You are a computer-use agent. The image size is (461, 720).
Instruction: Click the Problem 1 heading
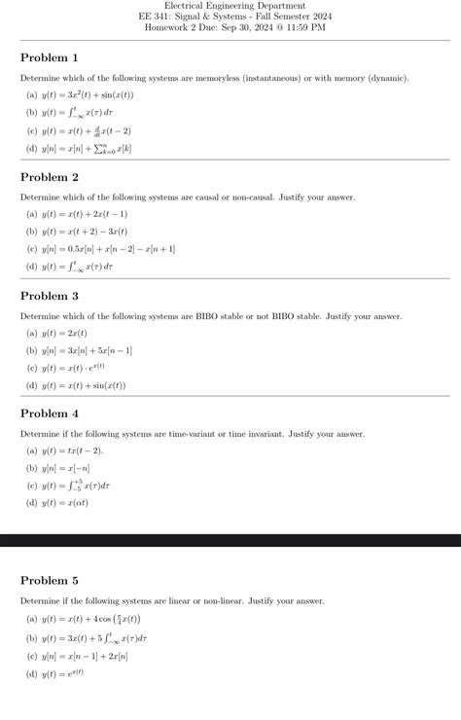click(x=50, y=58)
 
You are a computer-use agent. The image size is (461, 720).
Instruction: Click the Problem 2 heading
click(x=50, y=177)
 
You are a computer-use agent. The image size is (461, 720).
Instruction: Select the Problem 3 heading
click(x=50, y=296)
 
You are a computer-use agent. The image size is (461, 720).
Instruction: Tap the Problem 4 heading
click(x=50, y=414)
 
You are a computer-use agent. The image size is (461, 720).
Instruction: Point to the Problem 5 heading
click(x=50, y=581)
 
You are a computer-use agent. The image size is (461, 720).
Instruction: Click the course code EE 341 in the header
click(x=156, y=17)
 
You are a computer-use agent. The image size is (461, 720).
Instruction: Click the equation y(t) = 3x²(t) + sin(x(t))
click(x=87, y=95)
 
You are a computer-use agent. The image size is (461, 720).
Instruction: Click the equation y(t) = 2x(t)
click(x=70, y=333)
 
